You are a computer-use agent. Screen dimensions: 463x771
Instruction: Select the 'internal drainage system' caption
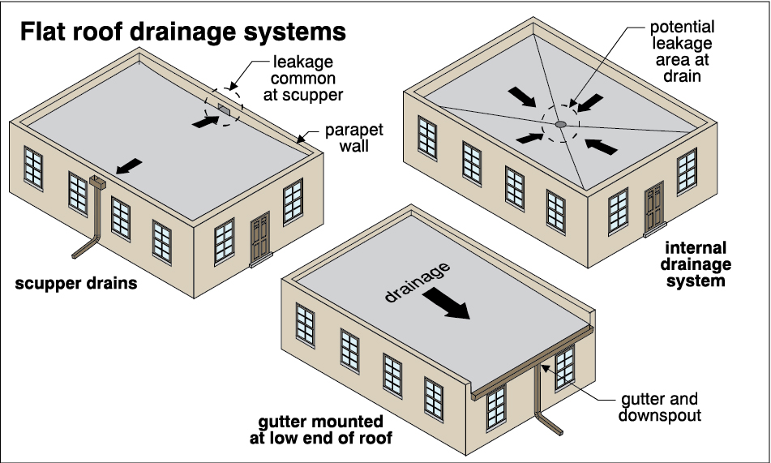697,265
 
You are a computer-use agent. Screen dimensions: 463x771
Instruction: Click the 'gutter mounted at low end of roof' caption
345,431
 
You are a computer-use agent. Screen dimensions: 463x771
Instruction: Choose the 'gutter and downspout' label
657,408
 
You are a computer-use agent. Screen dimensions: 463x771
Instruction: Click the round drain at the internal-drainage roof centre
560,124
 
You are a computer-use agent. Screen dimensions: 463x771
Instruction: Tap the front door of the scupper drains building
259,238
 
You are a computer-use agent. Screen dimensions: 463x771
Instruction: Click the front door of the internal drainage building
654,210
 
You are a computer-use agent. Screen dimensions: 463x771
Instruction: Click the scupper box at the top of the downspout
98,183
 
